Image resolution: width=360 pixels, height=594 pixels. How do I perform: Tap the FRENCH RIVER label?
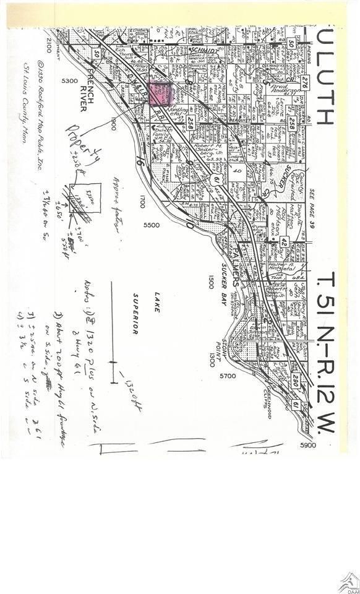pos(83,93)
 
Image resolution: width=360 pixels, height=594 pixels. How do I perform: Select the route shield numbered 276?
pos(304,82)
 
